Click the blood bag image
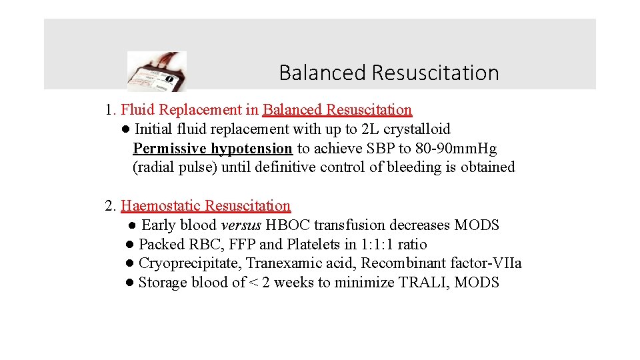157,71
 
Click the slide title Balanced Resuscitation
389,72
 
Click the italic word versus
241,225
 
